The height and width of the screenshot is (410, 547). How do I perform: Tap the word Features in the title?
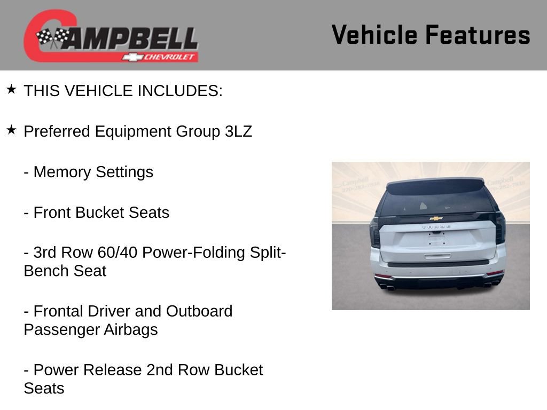tap(478, 35)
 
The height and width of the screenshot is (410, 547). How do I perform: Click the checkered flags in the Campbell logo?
tap(52, 37)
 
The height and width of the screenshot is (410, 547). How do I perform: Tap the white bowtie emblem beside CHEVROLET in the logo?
tap(132, 57)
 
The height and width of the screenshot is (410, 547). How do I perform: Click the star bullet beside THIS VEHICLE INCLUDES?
tap(11, 89)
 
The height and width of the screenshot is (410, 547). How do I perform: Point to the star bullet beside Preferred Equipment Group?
tap(11, 130)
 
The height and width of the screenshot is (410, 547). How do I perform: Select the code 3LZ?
tap(238, 131)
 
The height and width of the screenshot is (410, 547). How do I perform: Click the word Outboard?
tap(199, 311)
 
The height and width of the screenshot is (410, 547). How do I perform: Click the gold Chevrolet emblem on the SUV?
tap(436, 218)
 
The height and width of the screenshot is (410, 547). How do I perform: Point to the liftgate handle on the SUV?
tap(437, 256)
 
